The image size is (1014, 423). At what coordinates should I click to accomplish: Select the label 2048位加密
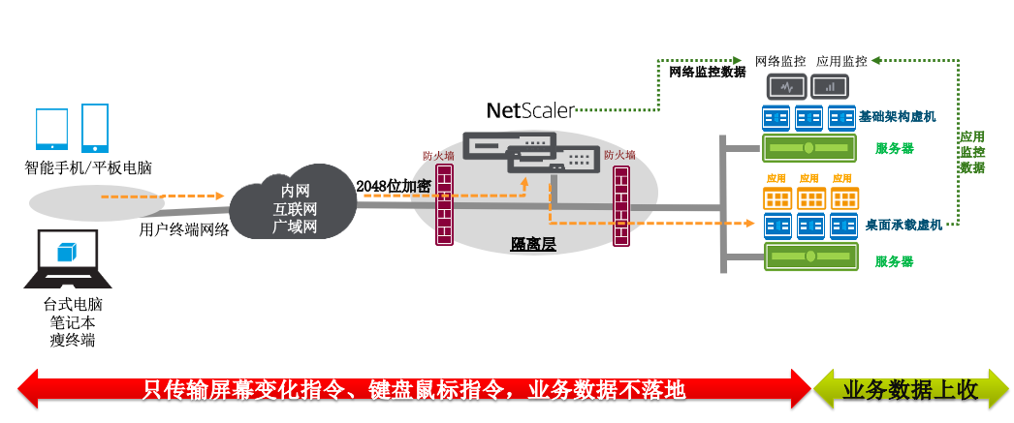(x=394, y=186)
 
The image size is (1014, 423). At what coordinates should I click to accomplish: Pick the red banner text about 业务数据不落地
(x=415, y=389)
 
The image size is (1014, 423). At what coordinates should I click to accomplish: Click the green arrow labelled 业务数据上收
(x=911, y=389)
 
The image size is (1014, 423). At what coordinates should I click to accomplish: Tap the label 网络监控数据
(x=708, y=72)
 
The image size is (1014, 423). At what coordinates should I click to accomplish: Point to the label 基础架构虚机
(x=897, y=117)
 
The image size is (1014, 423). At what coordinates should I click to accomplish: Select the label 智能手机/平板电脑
(x=88, y=167)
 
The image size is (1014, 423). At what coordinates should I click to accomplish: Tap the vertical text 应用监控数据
(x=972, y=153)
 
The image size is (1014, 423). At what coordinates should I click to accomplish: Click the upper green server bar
(x=809, y=148)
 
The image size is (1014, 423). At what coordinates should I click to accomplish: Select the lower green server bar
(x=809, y=257)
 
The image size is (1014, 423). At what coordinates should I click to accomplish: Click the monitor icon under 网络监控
(x=787, y=87)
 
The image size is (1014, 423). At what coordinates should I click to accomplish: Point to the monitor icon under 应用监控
(x=830, y=87)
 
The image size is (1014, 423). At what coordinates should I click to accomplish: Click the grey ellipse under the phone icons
(x=88, y=201)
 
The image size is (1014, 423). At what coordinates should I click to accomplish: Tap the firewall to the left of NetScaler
(x=445, y=205)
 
